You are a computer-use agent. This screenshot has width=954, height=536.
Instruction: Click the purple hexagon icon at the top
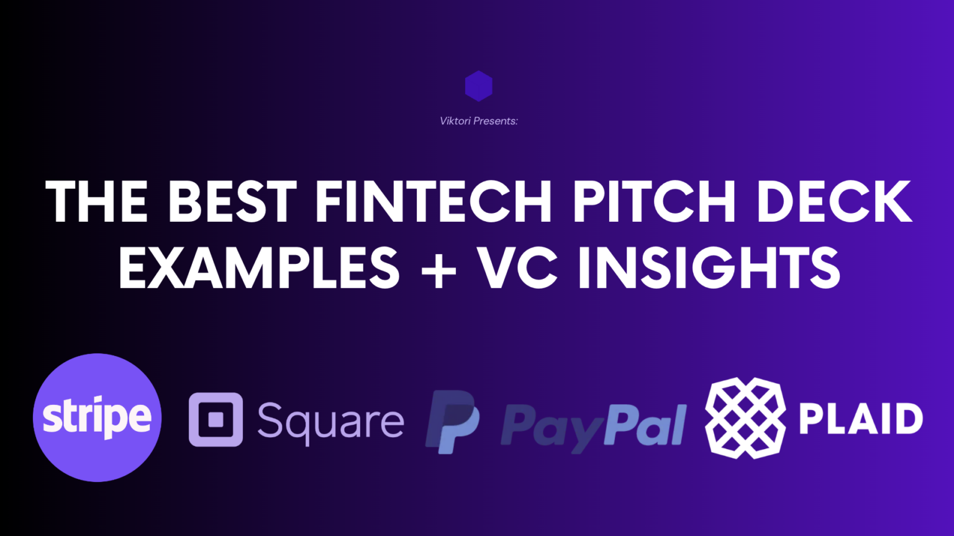pyautogui.click(x=478, y=86)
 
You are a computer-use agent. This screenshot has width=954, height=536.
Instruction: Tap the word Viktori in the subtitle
pyautogui.click(x=455, y=121)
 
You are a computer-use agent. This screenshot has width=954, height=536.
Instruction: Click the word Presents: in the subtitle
pyautogui.click(x=496, y=121)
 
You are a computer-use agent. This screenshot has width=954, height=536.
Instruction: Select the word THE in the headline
pyautogui.click(x=96, y=201)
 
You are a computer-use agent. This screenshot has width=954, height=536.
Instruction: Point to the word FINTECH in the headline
pyautogui.click(x=433, y=201)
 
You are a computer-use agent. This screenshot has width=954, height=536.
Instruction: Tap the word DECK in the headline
pyautogui.click(x=834, y=201)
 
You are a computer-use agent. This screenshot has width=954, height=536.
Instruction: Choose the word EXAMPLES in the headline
pyautogui.click(x=259, y=268)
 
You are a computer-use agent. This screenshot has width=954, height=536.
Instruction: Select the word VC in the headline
pyautogui.click(x=517, y=268)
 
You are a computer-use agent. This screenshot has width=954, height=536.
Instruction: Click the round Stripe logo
pyautogui.click(x=97, y=417)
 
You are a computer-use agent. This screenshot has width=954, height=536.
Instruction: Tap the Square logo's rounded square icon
pyautogui.click(x=216, y=419)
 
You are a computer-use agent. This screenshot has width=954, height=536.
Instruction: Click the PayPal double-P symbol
pyautogui.click(x=453, y=421)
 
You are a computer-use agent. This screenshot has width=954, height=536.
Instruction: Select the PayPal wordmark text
pyautogui.click(x=593, y=425)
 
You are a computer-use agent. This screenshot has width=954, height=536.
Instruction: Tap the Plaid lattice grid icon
pyautogui.click(x=745, y=418)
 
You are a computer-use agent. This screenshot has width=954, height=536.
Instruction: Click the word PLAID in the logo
pyautogui.click(x=860, y=419)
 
